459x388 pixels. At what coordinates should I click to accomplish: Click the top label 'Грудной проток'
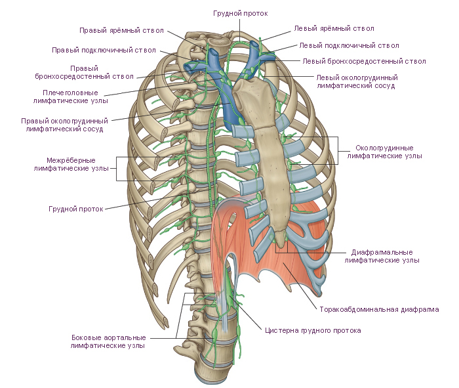(240, 13)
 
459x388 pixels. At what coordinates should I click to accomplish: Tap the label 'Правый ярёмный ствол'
(121, 30)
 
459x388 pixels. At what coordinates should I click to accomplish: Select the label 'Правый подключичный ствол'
(104, 50)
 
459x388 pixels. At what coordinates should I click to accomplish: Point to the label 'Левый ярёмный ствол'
(334, 28)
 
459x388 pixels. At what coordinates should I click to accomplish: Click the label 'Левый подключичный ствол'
(349, 45)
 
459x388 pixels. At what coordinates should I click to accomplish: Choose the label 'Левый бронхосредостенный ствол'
(364, 61)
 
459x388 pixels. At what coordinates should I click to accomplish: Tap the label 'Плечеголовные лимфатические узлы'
(71, 97)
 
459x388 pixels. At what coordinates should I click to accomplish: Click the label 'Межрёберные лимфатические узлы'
(71, 164)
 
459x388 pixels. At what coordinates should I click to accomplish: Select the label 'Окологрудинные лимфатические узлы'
(385, 152)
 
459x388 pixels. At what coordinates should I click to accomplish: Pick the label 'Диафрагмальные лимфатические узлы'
(382, 256)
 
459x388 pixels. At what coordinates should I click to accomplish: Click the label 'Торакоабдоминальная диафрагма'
(379, 309)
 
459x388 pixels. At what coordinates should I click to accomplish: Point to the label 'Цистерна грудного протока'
(313, 331)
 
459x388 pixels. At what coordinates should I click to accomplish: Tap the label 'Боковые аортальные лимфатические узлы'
(108, 341)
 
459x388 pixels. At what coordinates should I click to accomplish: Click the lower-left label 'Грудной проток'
(76, 209)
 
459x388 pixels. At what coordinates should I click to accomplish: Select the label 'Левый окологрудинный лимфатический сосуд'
(357, 81)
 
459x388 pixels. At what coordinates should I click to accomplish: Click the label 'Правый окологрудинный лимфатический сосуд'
(65, 125)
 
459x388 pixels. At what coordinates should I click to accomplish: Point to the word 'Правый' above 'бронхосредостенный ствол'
(85, 68)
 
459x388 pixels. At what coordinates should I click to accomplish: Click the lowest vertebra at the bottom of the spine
(211, 373)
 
